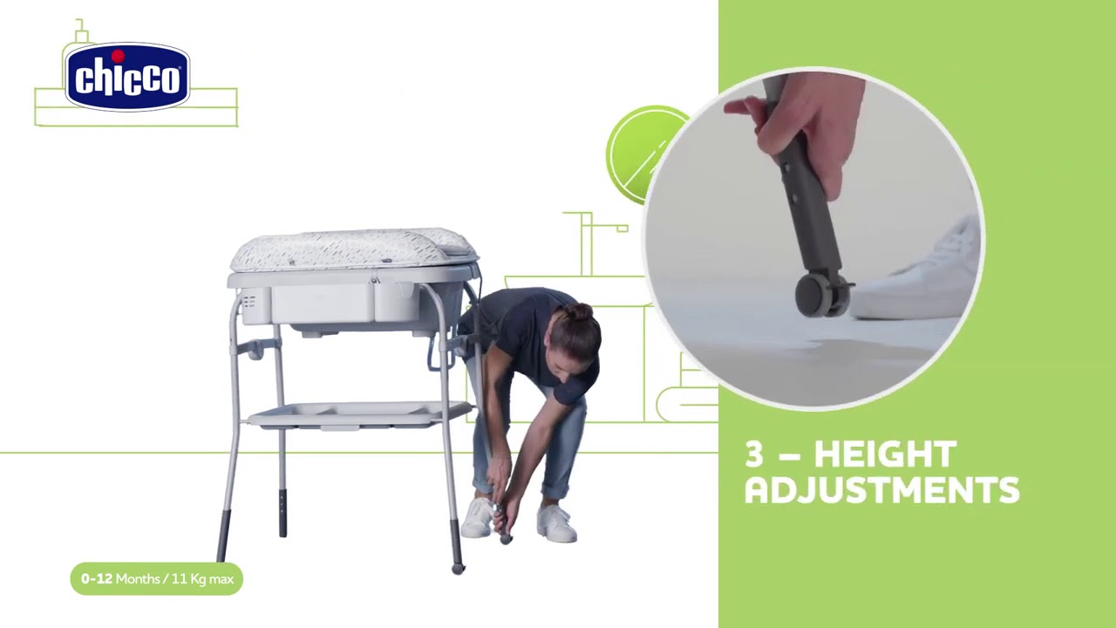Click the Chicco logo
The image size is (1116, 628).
point(127,77)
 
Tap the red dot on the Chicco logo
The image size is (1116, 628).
point(118,55)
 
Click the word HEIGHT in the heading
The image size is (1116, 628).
point(885,454)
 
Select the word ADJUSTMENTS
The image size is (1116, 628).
point(882,490)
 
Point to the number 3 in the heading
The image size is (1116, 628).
point(754,454)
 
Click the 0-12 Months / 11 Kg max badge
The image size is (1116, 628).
point(156,578)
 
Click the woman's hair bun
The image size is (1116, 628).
point(579,312)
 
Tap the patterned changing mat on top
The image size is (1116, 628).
point(353,249)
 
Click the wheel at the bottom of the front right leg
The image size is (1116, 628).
point(458,569)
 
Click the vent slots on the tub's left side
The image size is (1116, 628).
point(249,302)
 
